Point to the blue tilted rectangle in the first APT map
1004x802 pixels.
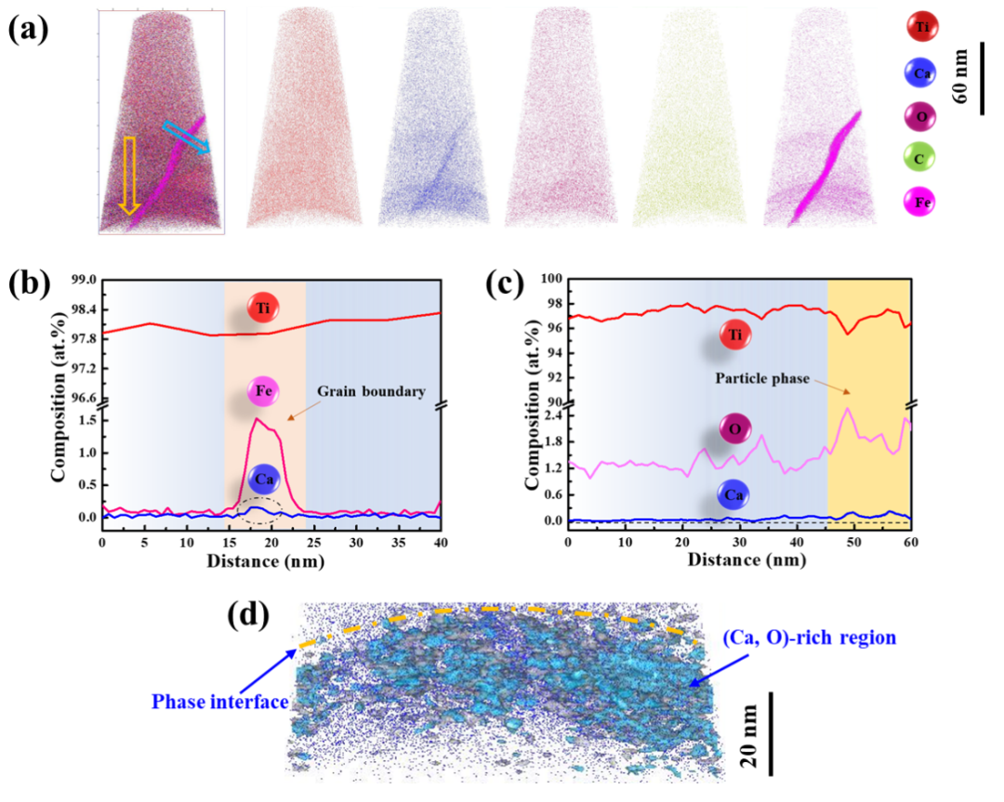pyautogui.click(x=186, y=137)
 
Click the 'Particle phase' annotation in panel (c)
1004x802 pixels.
pyautogui.click(x=758, y=379)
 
